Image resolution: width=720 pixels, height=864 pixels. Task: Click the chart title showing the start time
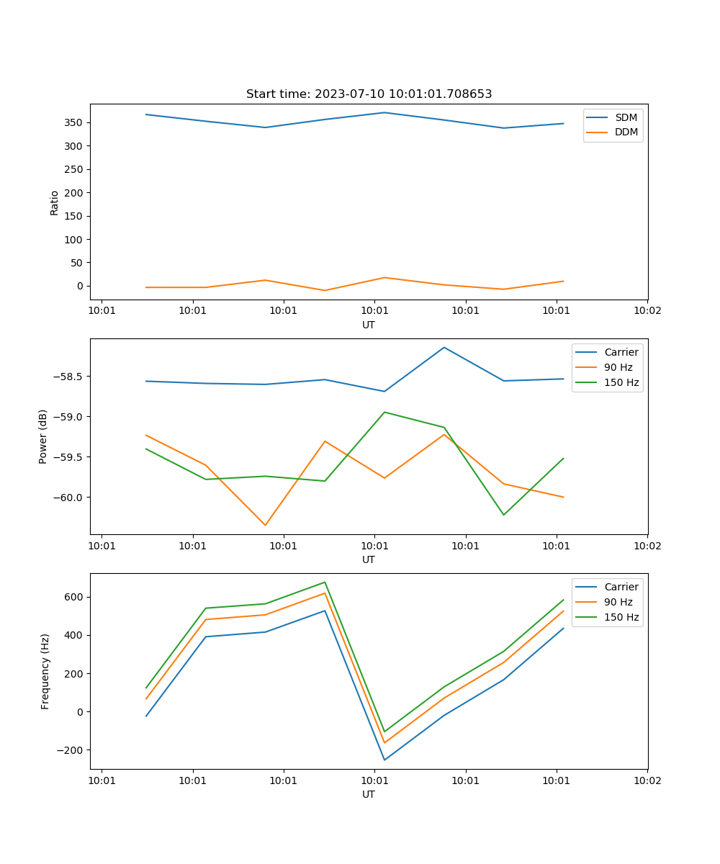pos(369,94)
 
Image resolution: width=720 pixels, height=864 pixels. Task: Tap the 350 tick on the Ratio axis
pos(74,122)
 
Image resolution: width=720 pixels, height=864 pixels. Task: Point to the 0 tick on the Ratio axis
pos(80,286)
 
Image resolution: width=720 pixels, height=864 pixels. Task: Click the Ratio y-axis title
pos(55,202)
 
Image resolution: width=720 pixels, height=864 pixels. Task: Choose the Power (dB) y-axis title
pos(43,436)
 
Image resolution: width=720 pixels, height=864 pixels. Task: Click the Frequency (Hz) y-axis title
pos(45,671)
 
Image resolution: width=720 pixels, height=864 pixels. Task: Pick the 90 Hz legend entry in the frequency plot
pos(618,602)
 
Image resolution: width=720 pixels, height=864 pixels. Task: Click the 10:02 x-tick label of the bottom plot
pos(647,779)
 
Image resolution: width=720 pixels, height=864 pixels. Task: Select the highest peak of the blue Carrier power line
pos(444,347)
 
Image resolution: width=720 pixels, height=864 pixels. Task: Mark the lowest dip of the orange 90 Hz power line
pos(265,525)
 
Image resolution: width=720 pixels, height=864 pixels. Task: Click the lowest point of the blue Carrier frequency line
pos(384,760)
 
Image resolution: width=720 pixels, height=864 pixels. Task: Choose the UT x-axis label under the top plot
pos(369,325)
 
